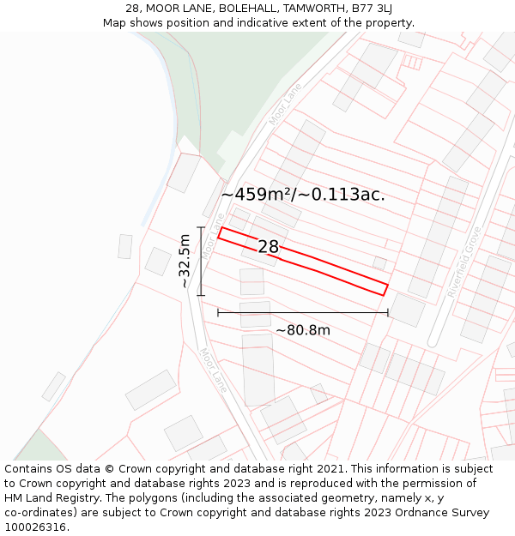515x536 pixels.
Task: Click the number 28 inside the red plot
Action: pyautogui.click(x=269, y=247)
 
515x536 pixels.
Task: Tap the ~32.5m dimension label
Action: pyautogui.click(x=185, y=262)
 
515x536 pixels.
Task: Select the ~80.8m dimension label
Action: pyautogui.click(x=303, y=329)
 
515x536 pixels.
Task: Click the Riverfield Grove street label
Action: pyautogui.click(x=464, y=262)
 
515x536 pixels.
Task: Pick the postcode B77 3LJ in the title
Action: pyautogui.click(x=371, y=9)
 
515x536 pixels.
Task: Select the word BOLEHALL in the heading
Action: pyautogui.click(x=227, y=9)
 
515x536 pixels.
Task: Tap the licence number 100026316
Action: pyautogui.click(x=37, y=527)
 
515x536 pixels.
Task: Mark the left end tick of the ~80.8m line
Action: pyautogui.click(x=218, y=313)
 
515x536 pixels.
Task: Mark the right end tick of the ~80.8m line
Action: pyautogui.click(x=388, y=313)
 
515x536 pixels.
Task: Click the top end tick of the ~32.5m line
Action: pyautogui.click(x=201, y=227)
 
